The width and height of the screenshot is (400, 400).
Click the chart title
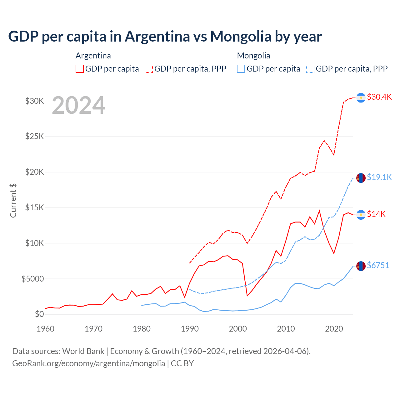165,37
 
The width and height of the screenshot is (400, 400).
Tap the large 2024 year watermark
79,106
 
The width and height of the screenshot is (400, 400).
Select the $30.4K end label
379,97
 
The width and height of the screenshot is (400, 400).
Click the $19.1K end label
379,177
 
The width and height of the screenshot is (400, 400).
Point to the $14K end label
376,214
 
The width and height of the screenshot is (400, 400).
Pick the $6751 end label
378,265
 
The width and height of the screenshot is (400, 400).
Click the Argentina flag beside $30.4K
361,98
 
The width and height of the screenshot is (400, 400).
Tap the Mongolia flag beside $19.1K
361,178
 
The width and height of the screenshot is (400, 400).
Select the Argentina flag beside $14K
361,215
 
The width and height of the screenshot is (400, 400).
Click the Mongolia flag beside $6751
361,266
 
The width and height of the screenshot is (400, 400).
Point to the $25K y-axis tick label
34,137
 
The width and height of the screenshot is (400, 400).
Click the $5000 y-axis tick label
32,279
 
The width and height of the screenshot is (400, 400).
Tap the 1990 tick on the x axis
190,329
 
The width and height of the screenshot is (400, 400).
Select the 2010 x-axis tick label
286,329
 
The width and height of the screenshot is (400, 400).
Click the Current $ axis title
13,201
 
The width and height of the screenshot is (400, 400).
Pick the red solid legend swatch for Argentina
80,69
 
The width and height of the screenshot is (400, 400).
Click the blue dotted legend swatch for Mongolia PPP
310,69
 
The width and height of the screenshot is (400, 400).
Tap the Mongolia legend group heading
253,56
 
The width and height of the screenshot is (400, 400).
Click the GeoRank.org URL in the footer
88,363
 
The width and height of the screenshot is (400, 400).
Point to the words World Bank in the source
83,351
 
